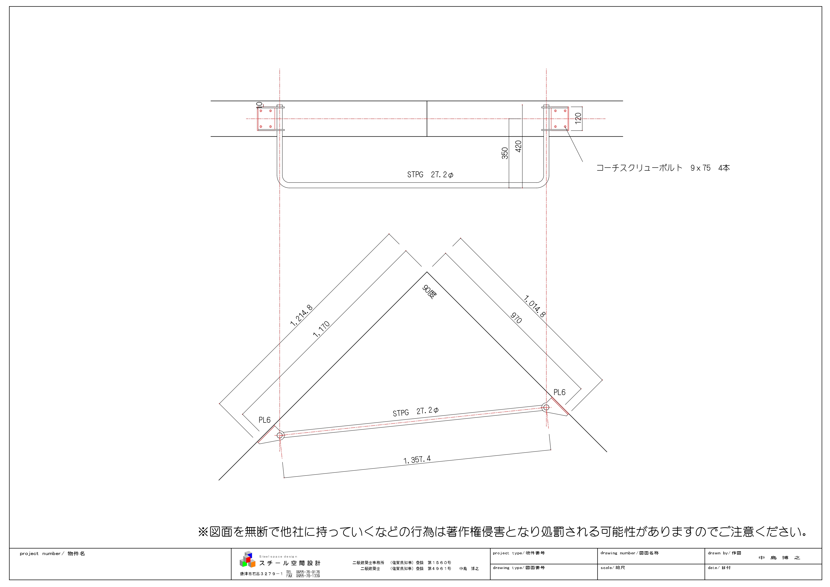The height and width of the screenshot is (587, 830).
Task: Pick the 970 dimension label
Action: (x=516, y=318)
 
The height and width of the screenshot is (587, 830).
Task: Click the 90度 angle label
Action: (x=430, y=292)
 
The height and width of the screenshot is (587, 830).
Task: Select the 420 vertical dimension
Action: (x=518, y=146)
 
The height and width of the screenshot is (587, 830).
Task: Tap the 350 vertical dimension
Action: (x=505, y=153)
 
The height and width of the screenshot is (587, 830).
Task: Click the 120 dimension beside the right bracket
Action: (x=578, y=118)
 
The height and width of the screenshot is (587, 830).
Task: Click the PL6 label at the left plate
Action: (x=264, y=420)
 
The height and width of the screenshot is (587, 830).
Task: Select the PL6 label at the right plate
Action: (x=559, y=392)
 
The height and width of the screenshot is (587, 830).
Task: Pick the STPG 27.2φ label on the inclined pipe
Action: (x=415, y=412)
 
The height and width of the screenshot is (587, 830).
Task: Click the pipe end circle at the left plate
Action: (x=280, y=435)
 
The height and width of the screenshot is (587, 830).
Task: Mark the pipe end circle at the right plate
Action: (x=546, y=407)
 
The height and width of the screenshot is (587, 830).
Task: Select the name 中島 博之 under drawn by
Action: (x=779, y=558)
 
